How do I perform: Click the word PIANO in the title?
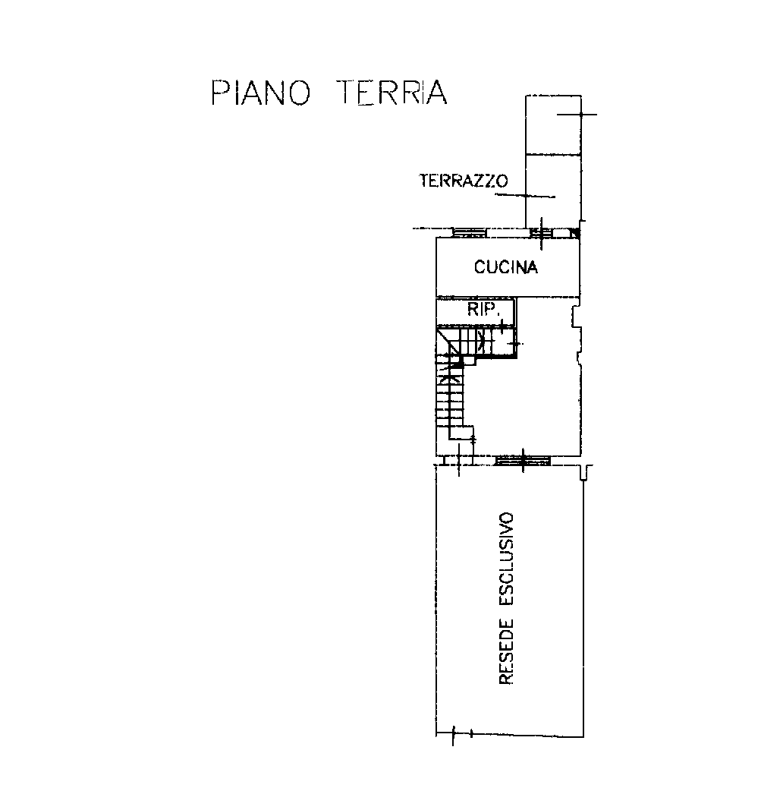point(260,93)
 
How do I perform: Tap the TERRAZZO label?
point(464,181)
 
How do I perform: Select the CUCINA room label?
point(506,267)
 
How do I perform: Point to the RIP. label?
point(483,309)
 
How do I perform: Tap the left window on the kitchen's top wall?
point(469,233)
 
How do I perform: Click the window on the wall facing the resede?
point(522,460)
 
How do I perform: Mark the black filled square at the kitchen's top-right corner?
point(575,233)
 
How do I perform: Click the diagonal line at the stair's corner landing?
point(448,342)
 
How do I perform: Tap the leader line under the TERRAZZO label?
point(525,196)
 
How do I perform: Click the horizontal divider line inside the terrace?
point(553,154)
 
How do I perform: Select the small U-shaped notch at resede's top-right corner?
point(584,473)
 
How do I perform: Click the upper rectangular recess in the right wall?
point(577,317)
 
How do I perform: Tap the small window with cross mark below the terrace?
point(541,234)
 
